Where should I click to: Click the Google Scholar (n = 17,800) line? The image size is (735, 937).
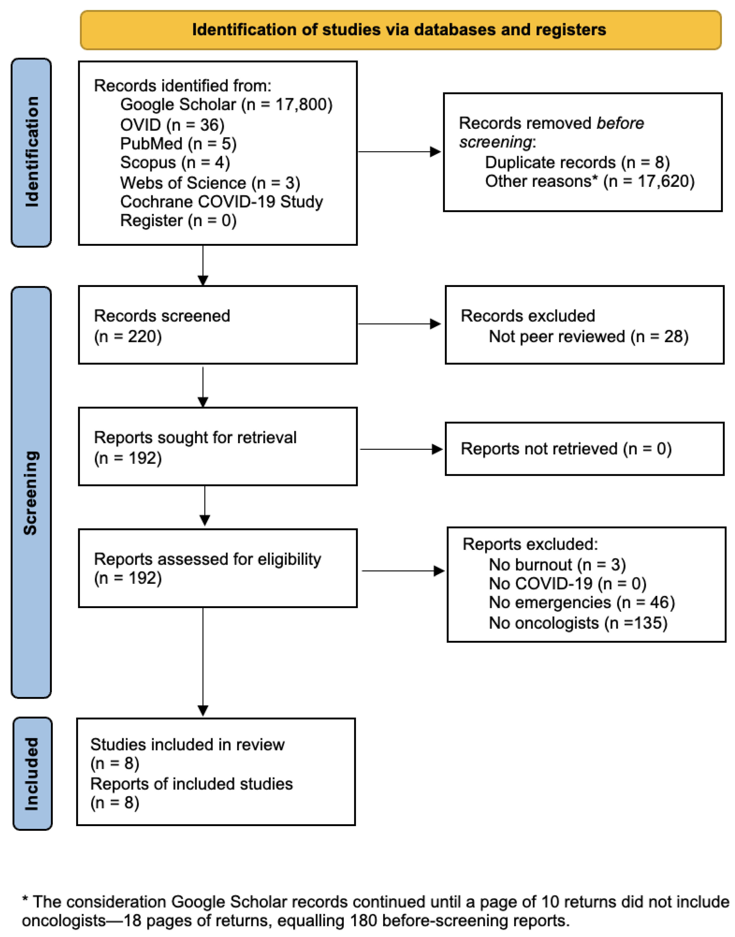226,105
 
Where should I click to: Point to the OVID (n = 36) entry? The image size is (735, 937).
172,125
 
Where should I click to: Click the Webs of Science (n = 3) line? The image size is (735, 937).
210,183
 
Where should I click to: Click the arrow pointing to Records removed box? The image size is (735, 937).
435,151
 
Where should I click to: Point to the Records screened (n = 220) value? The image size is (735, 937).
128,336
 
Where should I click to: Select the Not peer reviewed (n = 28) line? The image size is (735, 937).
588,336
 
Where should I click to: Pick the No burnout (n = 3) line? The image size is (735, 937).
557,564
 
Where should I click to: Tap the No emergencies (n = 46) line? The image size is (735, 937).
581,602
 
